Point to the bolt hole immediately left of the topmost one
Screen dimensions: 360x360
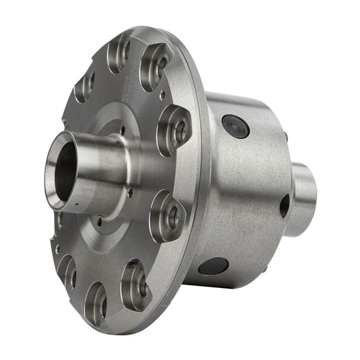click(86, 84)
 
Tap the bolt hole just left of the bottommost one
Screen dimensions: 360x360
click(67, 271)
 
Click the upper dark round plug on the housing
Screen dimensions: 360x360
click(235, 126)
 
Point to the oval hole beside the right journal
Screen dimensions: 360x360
click(284, 206)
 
